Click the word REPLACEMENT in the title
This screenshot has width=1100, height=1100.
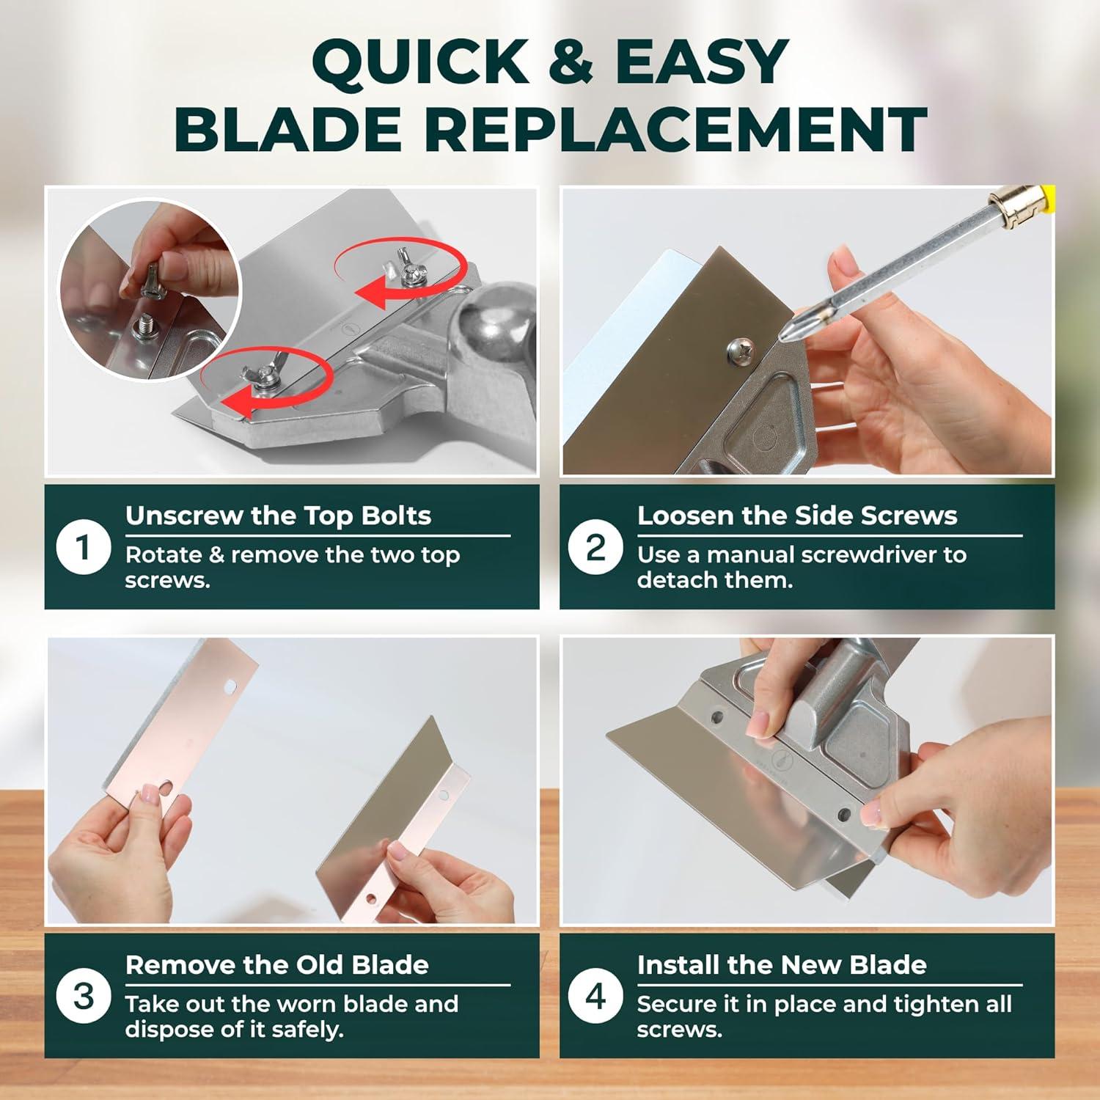676,128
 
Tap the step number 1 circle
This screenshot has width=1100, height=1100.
84,547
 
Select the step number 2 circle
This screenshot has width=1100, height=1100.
595,547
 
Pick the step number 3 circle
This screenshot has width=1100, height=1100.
84,997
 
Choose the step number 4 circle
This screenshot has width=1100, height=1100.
595,997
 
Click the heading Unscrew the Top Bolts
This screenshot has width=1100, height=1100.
278,516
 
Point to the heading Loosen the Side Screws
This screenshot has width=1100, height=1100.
797,516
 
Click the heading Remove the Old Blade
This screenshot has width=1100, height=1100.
276,964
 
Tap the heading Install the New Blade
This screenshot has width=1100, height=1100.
782,964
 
